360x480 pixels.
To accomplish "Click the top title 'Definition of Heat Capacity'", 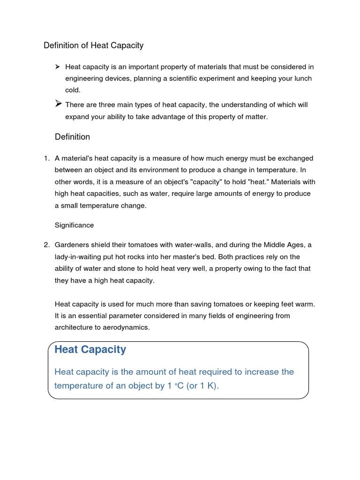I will click(93, 45).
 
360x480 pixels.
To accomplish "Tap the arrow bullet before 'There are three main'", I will click(59, 104).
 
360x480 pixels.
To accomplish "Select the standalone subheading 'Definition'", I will click(72, 137).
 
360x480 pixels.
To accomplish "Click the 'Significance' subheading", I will click(74, 225).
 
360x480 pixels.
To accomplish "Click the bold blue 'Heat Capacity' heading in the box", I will click(90, 349).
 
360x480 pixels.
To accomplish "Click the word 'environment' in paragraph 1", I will click(164, 170).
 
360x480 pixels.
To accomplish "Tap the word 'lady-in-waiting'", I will click(77, 257).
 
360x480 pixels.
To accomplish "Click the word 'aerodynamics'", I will click(128, 327).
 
